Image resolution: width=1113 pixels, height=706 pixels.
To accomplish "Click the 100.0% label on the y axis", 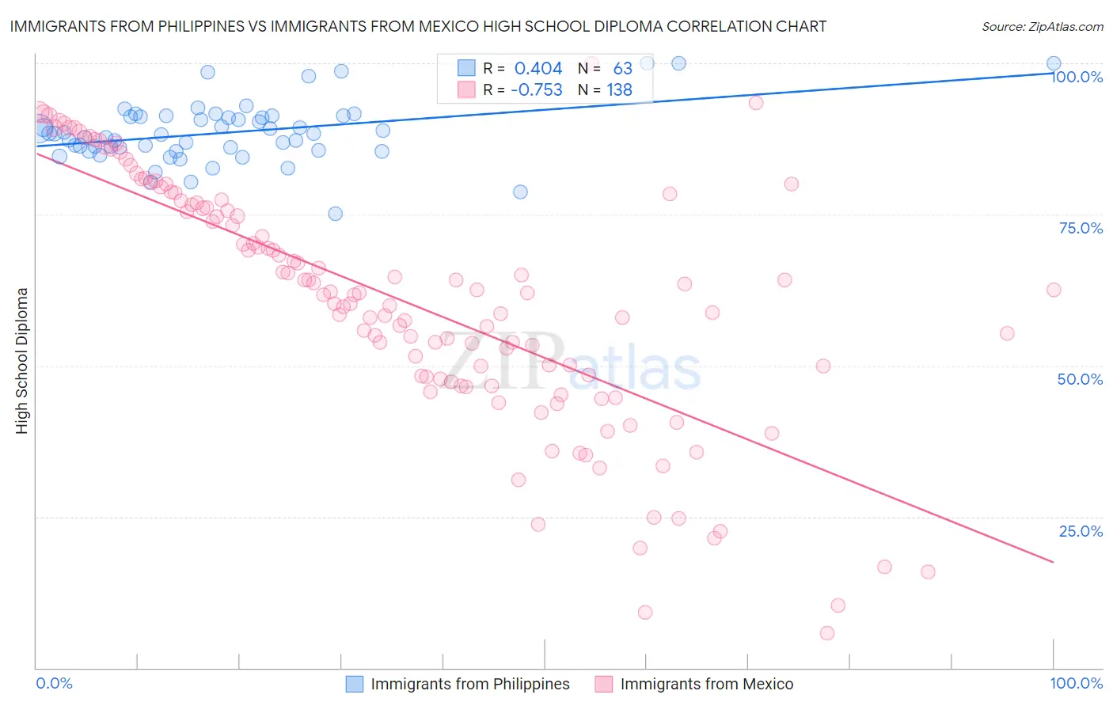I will [1077, 78].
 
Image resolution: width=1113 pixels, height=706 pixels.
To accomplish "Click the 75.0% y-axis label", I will [1081, 228].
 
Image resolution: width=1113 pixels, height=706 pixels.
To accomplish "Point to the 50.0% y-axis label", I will [1080, 379].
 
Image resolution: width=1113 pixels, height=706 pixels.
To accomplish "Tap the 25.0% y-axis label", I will [1081, 531].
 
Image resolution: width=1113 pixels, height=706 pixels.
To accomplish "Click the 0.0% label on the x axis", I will [54, 683].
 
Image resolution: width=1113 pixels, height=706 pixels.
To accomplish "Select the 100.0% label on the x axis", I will [1076, 683].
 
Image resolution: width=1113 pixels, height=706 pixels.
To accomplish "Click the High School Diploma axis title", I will [22, 360].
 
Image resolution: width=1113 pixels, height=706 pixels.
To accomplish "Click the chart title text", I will [418, 26].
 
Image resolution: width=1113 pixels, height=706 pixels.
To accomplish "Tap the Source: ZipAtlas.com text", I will [1042, 26].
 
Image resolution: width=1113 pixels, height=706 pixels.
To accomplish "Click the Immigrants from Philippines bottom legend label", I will [469, 684].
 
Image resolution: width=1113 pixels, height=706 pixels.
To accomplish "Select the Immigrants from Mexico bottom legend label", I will [706, 684].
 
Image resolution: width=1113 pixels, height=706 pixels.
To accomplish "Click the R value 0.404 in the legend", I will [538, 69].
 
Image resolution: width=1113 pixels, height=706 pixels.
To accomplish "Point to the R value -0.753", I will [536, 90].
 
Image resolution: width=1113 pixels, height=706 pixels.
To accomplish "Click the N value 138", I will [619, 90].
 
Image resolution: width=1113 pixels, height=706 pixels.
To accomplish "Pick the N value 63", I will [622, 69].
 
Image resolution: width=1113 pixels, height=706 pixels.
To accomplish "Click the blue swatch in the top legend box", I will [466, 69].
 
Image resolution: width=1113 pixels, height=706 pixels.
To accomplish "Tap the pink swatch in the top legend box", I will [466, 90].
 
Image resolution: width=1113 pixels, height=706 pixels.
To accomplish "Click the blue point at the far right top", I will [1054, 63].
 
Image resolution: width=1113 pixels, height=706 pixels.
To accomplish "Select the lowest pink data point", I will [827, 633].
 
